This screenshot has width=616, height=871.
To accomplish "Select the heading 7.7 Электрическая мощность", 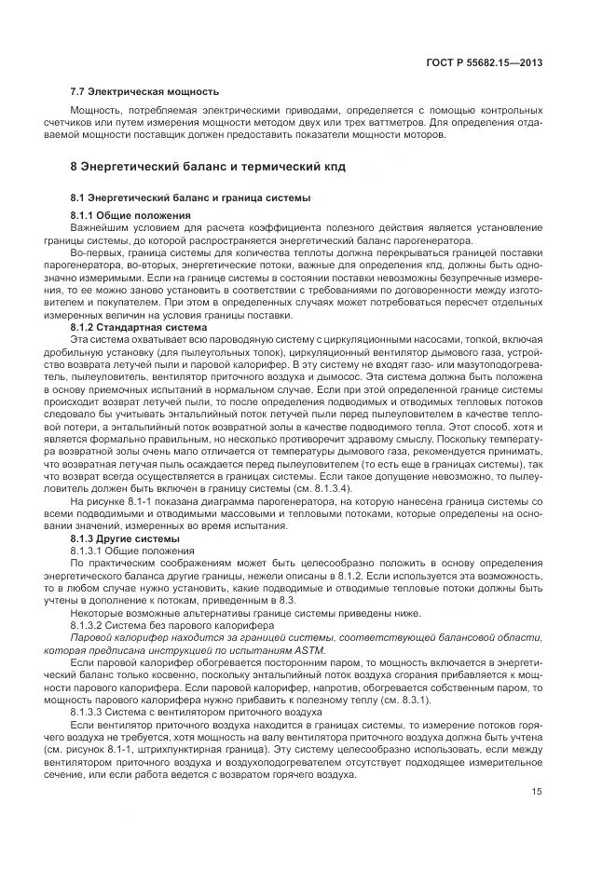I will [x=145, y=91].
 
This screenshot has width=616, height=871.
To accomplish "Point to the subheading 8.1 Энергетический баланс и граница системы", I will [x=191, y=198].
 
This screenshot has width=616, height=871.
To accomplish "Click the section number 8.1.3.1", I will [x=90, y=551].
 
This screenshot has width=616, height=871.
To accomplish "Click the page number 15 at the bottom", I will [x=537, y=792].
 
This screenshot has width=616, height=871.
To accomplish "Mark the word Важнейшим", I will [x=100, y=228].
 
